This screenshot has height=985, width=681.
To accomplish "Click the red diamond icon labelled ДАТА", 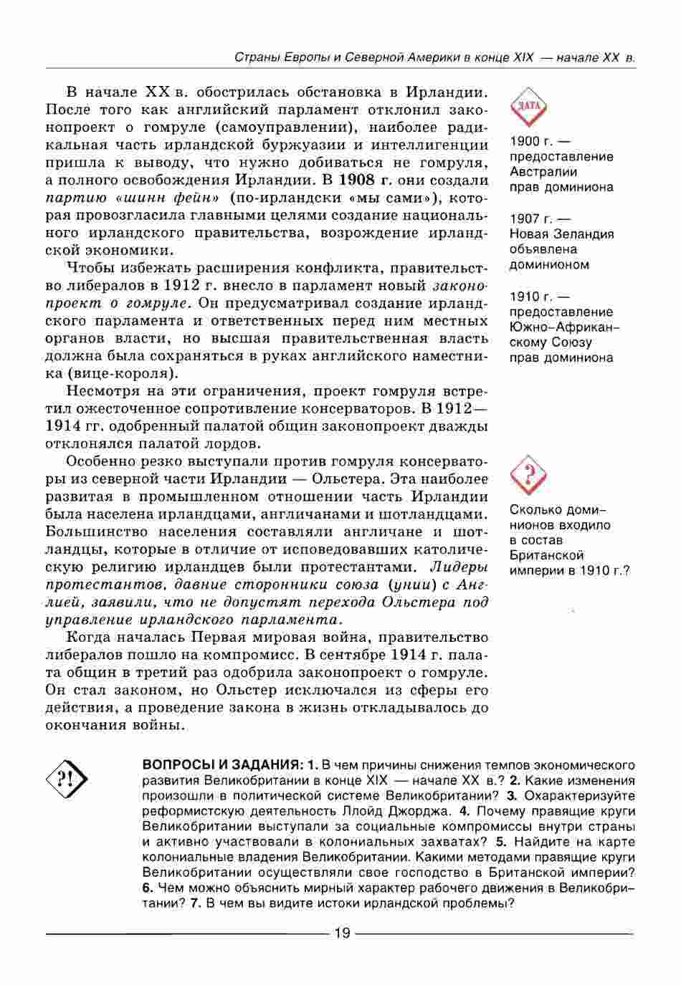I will (x=528, y=107).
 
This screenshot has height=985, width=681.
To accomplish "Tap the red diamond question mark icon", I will (x=528, y=474).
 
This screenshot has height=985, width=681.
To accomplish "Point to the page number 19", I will (x=341, y=933).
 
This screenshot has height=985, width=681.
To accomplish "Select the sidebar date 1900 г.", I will (x=531, y=141).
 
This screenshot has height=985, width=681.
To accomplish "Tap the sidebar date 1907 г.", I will (x=531, y=218).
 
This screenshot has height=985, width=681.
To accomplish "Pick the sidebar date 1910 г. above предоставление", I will (x=531, y=296).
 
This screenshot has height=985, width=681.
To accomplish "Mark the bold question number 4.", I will (x=465, y=812).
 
